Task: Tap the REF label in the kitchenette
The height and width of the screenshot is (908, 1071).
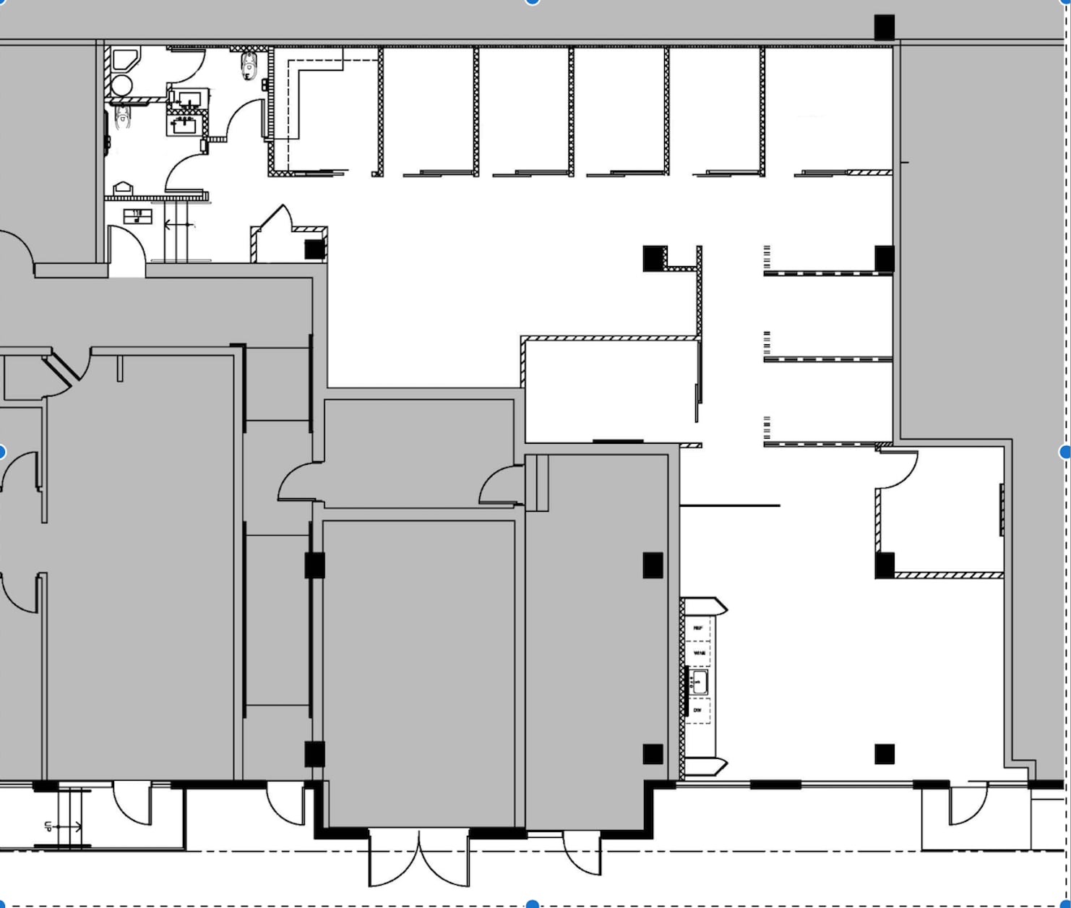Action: pos(698,628)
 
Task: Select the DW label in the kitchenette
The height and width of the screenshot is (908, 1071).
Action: pos(697,711)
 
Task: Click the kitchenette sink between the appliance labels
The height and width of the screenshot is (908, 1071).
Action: pos(699,682)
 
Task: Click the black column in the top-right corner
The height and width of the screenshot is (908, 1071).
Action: pos(885,27)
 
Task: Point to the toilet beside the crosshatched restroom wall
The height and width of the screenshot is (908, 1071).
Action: pos(249,66)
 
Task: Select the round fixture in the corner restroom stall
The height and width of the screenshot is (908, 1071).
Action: pos(121,85)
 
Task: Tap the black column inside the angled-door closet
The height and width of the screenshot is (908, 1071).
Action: pos(314,249)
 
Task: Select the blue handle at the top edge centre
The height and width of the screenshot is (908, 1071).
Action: pos(533,2)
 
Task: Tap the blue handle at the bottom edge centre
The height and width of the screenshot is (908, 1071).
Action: pos(533,904)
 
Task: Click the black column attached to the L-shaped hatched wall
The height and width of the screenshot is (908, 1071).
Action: pos(654,258)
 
